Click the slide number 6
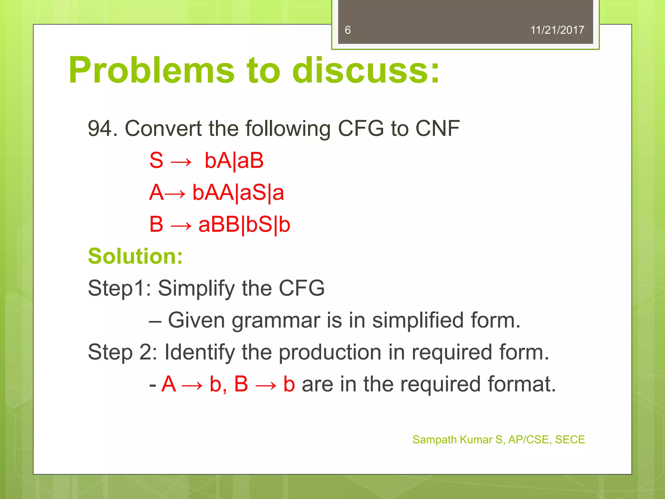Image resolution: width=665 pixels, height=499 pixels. pyautogui.click(x=347, y=30)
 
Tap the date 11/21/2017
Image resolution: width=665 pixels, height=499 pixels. pyautogui.click(x=557, y=30)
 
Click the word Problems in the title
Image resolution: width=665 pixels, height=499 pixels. pyautogui.click(x=151, y=70)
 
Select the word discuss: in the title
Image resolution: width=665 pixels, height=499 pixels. pyautogui.click(x=366, y=70)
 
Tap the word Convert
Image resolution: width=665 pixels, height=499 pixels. pyautogui.click(x=163, y=128)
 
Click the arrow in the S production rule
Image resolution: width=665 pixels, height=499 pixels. pyautogui.click(x=181, y=161)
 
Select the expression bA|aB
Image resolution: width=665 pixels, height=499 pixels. pyautogui.click(x=234, y=160)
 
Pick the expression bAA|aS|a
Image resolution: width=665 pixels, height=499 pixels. pyautogui.click(x=238, y=192)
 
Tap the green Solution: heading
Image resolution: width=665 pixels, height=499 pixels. pyautogui.click(x=135, y=256)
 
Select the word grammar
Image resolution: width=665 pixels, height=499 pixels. pyautogui.click(x=276, y=321)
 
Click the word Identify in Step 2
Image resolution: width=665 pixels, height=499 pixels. pyautogui.click(x=200, y=352)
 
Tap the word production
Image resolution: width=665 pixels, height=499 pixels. pyautogui.click(x=330, y=352)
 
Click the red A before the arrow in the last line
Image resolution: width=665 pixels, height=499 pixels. pyautogui.click(x=169, y=384)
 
